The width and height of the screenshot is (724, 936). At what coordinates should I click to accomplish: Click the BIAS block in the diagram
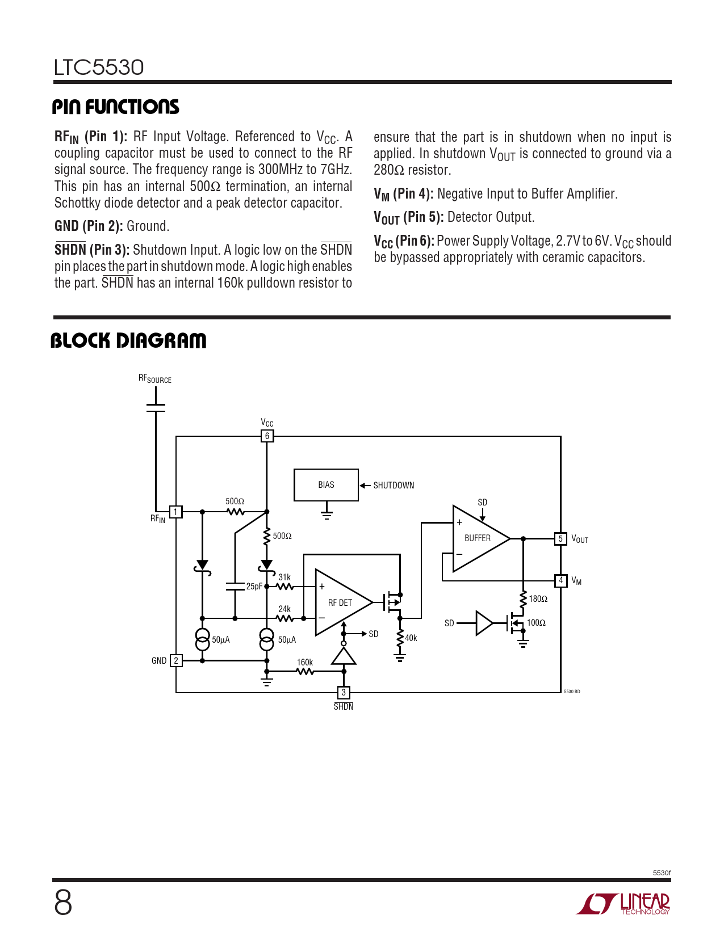326,485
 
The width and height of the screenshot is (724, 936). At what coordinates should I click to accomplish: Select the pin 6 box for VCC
267,436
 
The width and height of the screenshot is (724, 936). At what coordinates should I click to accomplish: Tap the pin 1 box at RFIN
176,512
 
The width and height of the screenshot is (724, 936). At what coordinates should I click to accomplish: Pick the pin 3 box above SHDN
343,693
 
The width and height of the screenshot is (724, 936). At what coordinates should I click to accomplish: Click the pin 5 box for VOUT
560,539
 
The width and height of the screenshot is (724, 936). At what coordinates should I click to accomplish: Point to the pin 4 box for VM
560,580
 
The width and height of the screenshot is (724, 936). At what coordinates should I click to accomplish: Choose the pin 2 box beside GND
176,660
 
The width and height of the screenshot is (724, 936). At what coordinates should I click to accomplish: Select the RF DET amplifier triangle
339,602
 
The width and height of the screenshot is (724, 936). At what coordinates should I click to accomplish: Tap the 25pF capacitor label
254,587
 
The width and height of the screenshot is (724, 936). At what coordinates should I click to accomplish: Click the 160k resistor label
305,663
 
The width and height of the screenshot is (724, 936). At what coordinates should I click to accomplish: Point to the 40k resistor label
411,638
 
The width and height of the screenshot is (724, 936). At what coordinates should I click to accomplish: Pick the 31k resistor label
284,577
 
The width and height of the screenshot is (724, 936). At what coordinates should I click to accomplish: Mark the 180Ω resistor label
538,599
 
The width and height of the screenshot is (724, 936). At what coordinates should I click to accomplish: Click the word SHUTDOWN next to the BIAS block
394,486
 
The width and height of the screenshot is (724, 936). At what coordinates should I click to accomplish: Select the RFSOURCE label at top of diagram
154,379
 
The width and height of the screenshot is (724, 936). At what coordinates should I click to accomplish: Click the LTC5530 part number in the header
99,68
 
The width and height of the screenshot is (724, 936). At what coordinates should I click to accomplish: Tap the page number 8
63,903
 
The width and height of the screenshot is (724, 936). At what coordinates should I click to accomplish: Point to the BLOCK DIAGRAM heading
128,341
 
